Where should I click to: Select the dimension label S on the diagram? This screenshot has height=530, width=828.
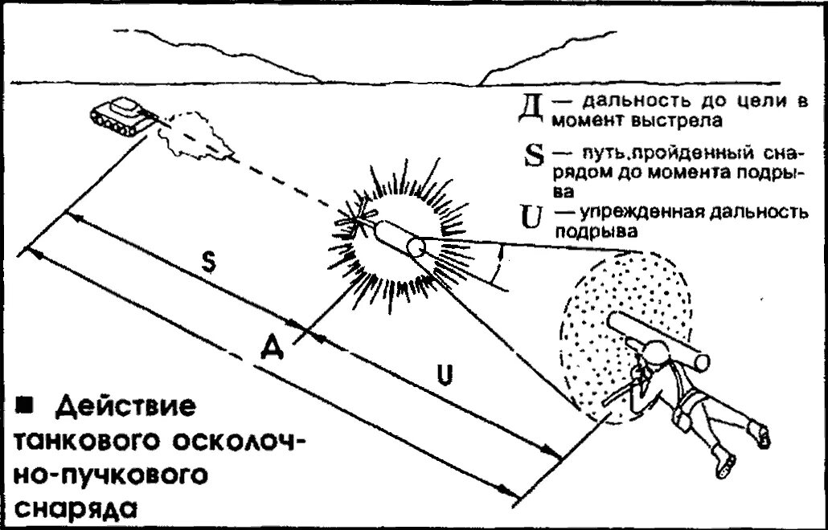click(x=207, y=267)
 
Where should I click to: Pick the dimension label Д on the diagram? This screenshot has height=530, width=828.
click(x=273, y=348)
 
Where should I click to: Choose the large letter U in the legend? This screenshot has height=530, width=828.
click(x=532, y=214)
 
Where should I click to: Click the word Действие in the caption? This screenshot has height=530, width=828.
click(x=125, y=406)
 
